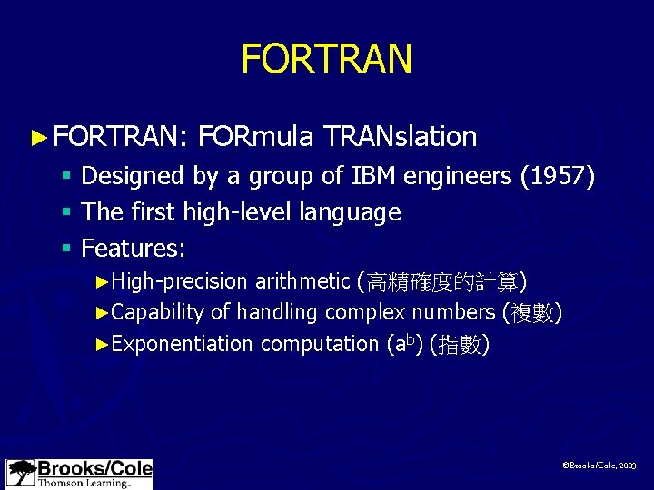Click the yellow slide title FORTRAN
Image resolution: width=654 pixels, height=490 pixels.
pyautogui.click(x=327, y=59)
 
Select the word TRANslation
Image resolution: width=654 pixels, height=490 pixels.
pyautogui.click(x=400, y=137)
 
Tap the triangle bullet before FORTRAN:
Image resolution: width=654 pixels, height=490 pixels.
pyautogui.click(x=37, y=138)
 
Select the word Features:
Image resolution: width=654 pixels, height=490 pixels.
pyautogui.click(x=134, y=247)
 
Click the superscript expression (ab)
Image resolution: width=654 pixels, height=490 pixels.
pyautogui.click(x=404, y=344)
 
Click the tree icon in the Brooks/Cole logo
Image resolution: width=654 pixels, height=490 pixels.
pyautogui.click(x=21, y=474)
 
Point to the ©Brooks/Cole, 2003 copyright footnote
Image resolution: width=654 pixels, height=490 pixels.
pyautogui.click(x=599, y=465)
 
